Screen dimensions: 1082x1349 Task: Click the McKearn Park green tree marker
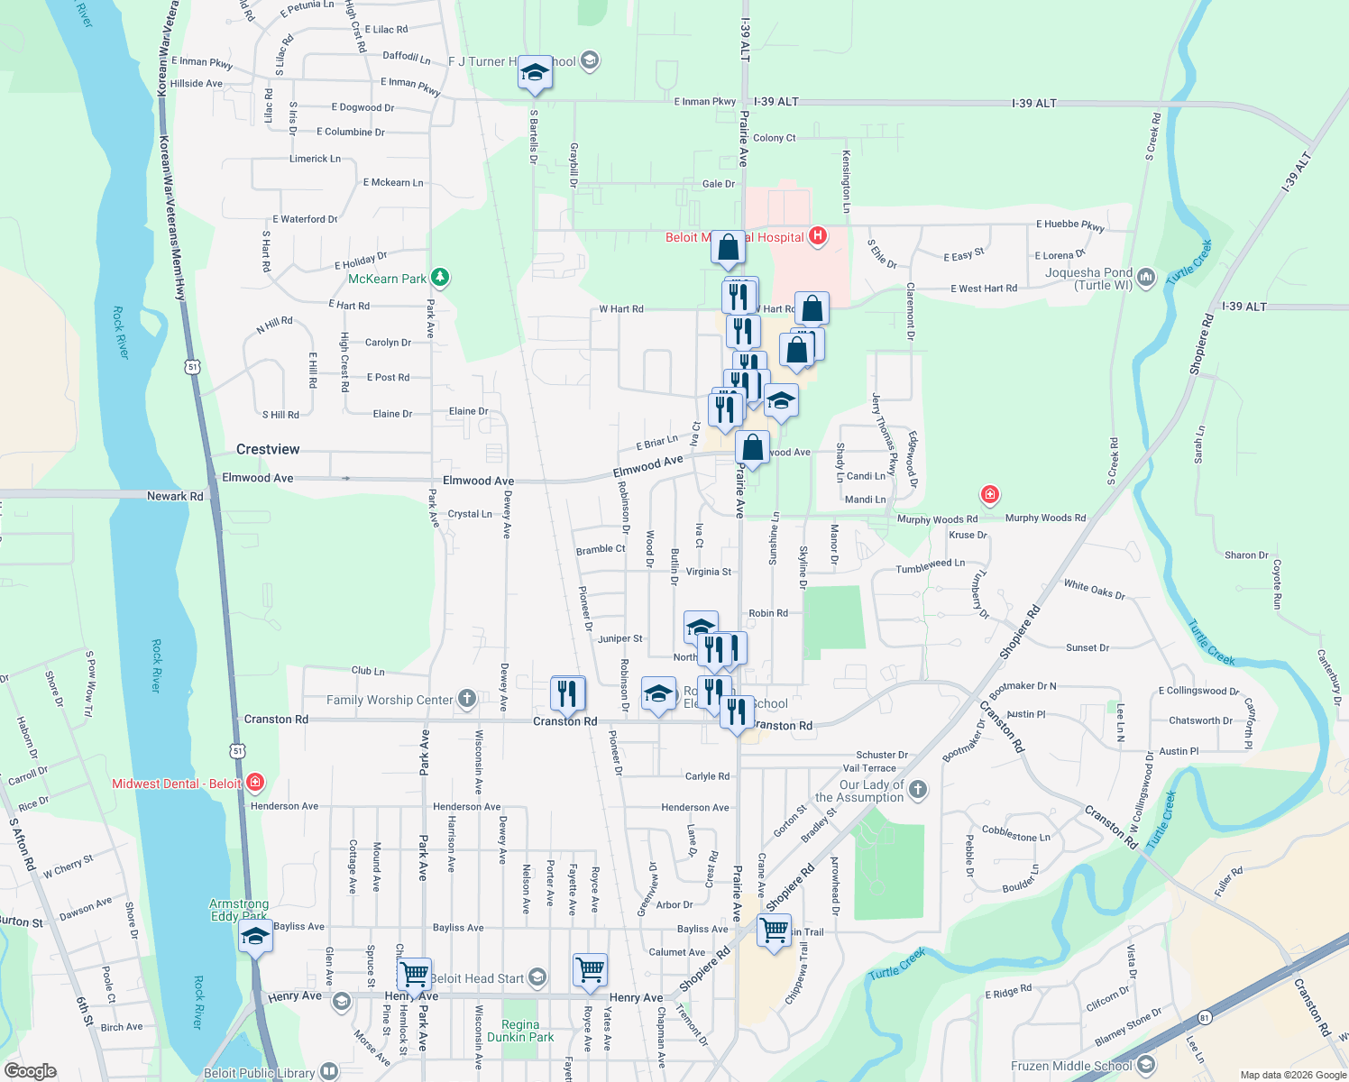pos(439,278)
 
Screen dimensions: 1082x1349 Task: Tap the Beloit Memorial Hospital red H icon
pos(818,236)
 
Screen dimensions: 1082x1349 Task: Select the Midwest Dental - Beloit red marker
pos(255,782)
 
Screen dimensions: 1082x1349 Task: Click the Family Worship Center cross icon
pos(466,698)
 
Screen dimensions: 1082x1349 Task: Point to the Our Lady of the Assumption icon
pos(918,790)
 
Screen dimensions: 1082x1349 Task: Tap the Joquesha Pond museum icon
pos(1146,277)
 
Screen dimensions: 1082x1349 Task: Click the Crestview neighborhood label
pos(268,449)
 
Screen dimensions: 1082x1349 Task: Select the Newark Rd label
pos(175,496)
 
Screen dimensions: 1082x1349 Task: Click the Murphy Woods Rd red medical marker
pos(990,495)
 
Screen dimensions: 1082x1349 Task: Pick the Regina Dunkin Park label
pos(520,1031)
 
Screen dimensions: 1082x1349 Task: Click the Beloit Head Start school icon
pos(537,977)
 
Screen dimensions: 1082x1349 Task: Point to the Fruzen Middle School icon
pos(1146,1066)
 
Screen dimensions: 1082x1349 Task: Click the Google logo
pos(31,1071)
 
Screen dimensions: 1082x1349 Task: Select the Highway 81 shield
pos(1205,1018)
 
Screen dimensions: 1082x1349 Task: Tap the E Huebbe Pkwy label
pos(1069,225)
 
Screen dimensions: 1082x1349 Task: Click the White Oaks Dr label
pos(1095,590)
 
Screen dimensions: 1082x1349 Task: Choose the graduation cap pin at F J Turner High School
pos(535,73)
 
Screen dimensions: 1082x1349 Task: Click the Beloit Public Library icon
pos(329,1072)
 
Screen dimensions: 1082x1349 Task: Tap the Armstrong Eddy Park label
pos(239,910)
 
